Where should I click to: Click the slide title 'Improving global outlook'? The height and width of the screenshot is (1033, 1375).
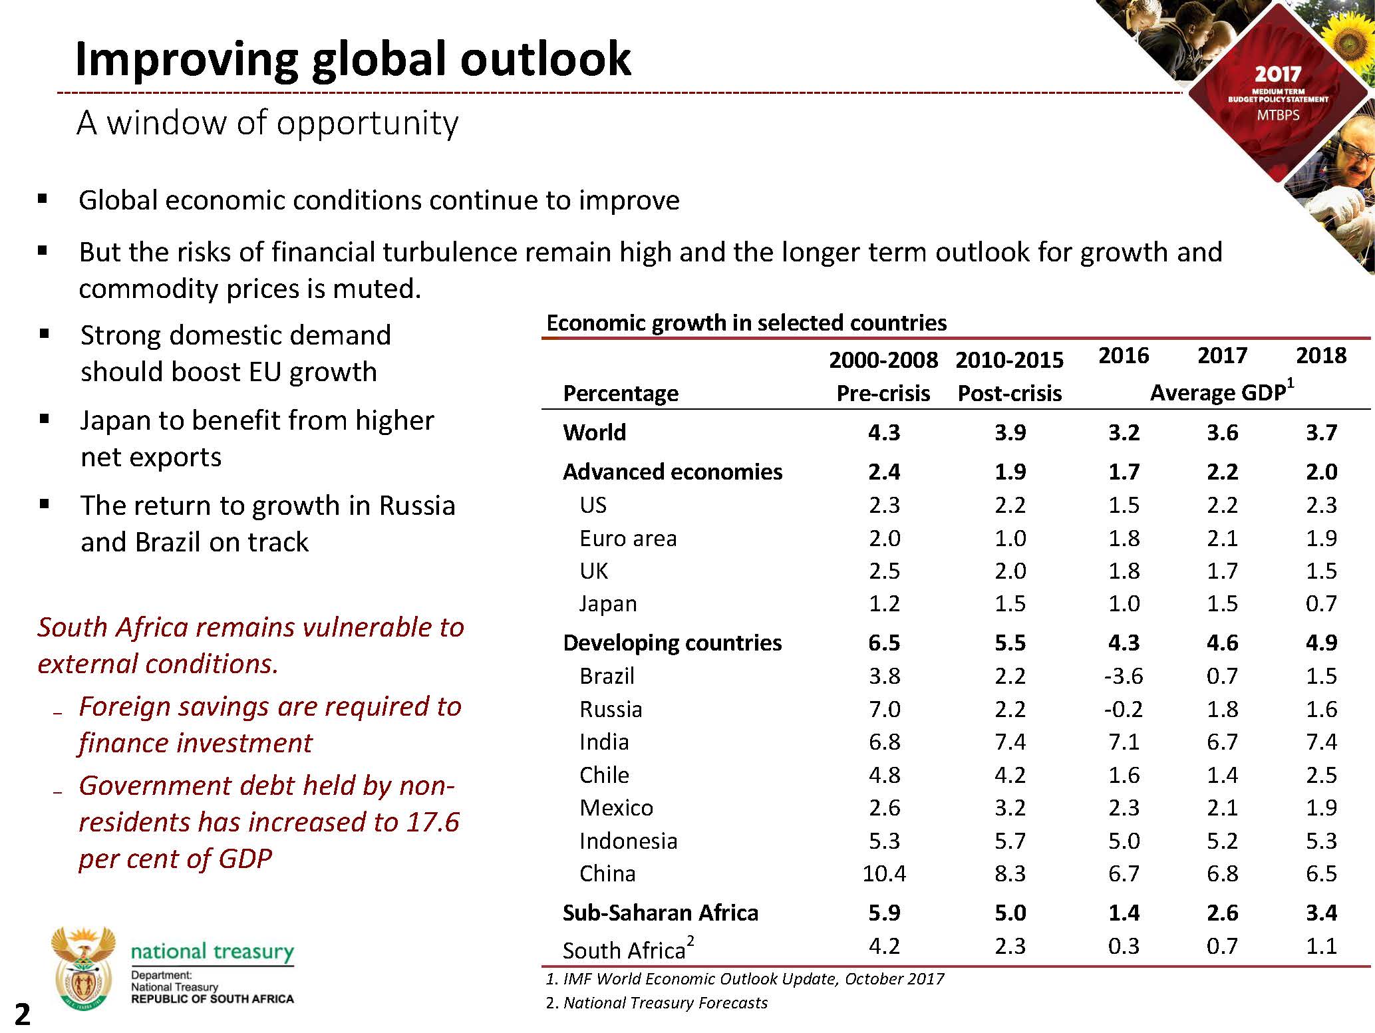click(353, 60)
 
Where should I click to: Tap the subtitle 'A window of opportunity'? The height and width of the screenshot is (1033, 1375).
click(267, 123)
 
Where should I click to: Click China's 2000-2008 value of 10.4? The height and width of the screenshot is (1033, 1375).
click(884, 873)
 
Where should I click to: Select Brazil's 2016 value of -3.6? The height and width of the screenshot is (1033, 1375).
click(1124, 676)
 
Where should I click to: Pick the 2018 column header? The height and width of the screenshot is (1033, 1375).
click(1320, 356)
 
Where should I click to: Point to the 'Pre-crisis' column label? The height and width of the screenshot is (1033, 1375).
click(883, 393)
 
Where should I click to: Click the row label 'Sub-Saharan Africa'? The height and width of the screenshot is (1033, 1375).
click(660, 913)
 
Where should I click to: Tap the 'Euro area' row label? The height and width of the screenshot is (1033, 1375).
click(628, 538)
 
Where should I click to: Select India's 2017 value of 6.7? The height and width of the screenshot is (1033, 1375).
click(1222, 742)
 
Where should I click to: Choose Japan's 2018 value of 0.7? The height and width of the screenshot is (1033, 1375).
click(1320, 603)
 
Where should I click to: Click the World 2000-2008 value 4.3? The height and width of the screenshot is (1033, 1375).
click(884, 432)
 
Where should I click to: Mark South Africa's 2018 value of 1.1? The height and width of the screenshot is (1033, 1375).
click(1320, 946)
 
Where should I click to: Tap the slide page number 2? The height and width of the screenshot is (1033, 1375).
click(22, 1015)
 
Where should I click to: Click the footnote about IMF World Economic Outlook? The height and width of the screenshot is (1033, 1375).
click(744, 979)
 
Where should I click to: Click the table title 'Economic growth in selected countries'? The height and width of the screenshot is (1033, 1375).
click(746, 323)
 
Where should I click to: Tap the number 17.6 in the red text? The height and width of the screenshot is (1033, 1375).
click(432, 822)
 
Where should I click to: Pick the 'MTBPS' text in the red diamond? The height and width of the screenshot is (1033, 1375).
click(1277, 114)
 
